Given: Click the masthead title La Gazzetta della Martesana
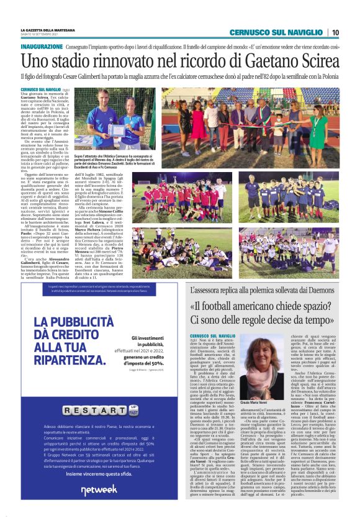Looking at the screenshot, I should [x=48, y=30].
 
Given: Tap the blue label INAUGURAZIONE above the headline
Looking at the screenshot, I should [x=42, y=47].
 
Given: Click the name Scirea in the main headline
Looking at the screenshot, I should [x=314, y=61].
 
